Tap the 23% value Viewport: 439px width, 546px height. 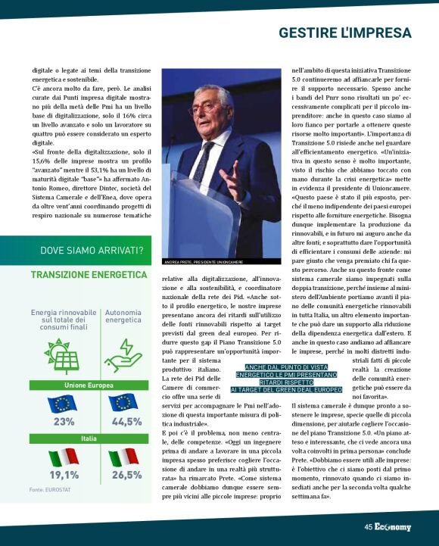(x=64, y=422)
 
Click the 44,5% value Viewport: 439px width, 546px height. (x=126, y=422)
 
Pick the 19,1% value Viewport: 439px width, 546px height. (x=64, y=475)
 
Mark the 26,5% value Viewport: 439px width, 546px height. (x=126, y=475)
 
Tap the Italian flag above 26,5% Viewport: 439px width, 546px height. (x=123, y=457)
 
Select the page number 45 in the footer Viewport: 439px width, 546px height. (x=367, y=527)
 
